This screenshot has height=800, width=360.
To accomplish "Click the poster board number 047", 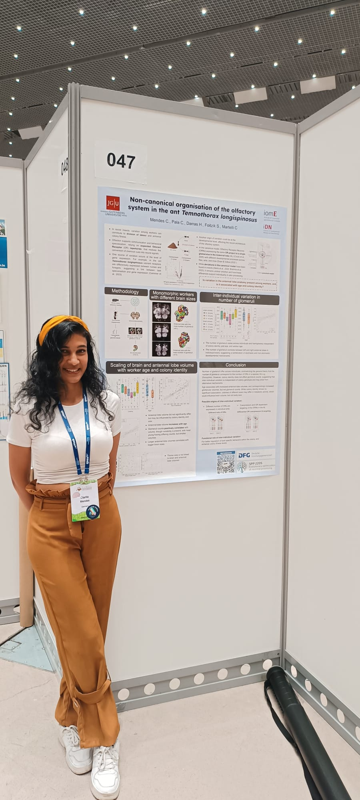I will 121,161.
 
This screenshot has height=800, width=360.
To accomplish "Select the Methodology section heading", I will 125,292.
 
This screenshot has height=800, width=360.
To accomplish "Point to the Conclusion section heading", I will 236,365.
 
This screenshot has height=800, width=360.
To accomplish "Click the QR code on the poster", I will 225,463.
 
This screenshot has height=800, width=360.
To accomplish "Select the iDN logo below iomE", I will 269,227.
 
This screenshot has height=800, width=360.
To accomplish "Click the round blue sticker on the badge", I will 92,512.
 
